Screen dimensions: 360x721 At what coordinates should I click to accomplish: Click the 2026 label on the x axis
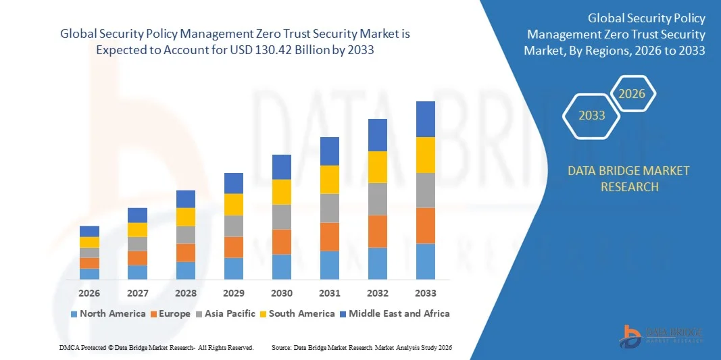pyautogui.click(x=89, y=293)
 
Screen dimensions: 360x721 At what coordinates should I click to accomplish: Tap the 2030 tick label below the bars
pyautogui.click(x=282, y=293)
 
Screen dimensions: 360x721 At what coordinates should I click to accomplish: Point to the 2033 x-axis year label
pyautogui.click(x=426, y=293)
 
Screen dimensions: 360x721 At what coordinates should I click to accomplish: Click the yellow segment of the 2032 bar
pyautogui.click(x=378, y=167)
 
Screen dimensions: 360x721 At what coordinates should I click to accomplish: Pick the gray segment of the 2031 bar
pyautogui.click(x=330, y=208)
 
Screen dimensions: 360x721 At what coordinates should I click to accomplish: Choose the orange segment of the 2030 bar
pyautogui.click(x=282, y=241)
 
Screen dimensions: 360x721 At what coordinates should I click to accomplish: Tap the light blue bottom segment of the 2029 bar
pyautogui.click(x=234, y=268)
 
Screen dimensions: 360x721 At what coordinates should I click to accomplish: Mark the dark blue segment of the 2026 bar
pyautogui.click(x=89, y=231)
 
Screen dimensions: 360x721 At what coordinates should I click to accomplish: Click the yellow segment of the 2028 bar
pyautogui.click(x=186, y=216)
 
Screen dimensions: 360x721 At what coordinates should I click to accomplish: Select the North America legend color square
pyautogui.click(x=74, y=314)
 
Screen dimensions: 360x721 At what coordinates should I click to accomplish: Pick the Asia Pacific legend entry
pyautogui.click(x=227, y=313)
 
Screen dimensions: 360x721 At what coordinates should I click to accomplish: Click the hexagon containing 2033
pyautogui.click(x=592, y=115)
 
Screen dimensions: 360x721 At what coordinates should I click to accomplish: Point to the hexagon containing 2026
pyautogui.click(x=633, y=94)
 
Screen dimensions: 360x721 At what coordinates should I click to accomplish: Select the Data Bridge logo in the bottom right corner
pyautogui.click(x=662, y=334)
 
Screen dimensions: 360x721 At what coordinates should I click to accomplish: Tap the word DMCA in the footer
pyautogui.click(x=69, y=347)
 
